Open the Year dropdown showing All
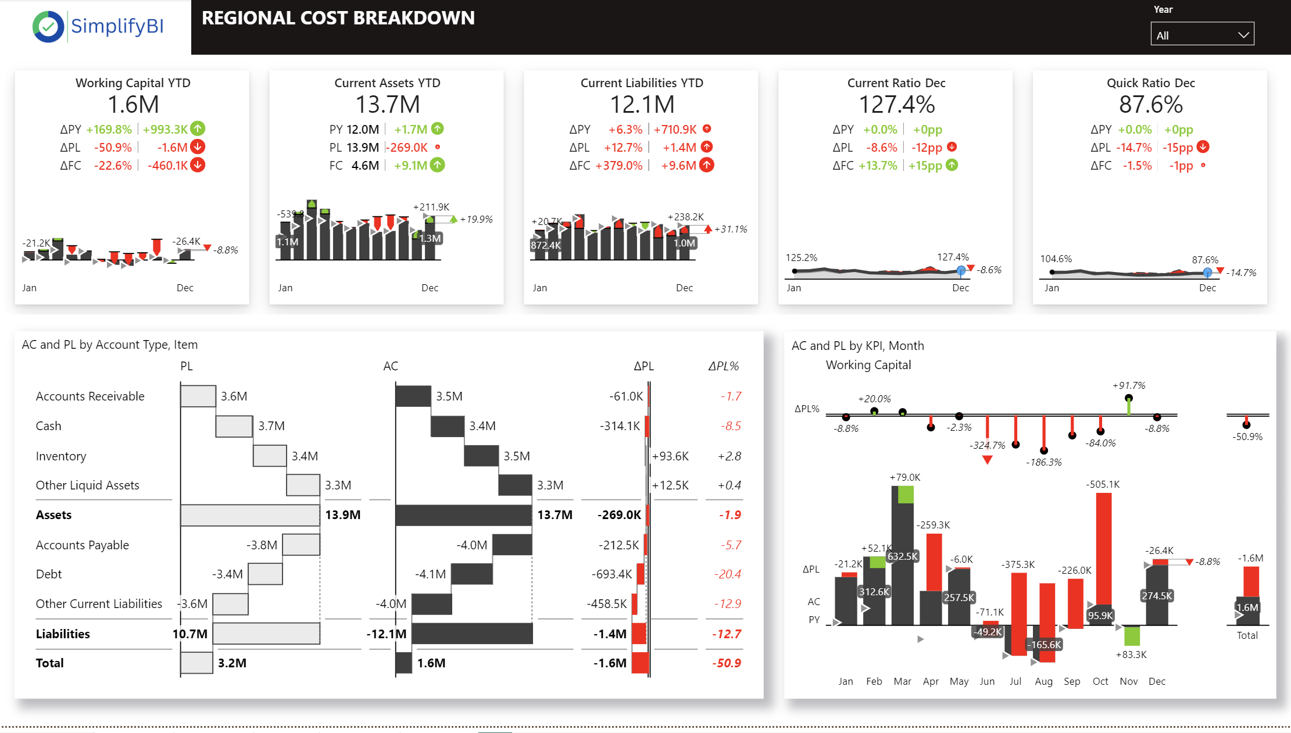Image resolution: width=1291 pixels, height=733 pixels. [1201, 35]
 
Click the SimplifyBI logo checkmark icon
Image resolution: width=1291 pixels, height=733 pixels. [48, 27]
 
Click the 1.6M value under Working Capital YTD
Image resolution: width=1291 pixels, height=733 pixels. [133, 105]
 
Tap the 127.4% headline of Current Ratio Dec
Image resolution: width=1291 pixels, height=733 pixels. [896, 105]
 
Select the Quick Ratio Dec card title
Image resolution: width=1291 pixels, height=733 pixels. [1150, 83]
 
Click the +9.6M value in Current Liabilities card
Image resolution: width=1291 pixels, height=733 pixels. [678, 166]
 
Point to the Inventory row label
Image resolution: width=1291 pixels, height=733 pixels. [61, 456]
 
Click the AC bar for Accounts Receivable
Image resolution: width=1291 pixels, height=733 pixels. [413, 396]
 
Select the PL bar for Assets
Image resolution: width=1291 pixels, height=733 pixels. [250, 515]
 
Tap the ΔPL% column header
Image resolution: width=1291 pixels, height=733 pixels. [723, 366]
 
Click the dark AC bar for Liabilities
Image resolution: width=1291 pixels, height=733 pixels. [472, 634]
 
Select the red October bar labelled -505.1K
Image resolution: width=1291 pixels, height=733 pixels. [1103, 546]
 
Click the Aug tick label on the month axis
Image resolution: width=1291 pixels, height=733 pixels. [1043, 681]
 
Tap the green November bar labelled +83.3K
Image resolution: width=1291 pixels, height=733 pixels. [1131, 635]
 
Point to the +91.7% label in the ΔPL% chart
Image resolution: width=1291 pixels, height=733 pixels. [1129, 385]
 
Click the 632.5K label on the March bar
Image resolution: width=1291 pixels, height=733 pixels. [902, 556]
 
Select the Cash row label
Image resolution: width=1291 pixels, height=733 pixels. [49, 426]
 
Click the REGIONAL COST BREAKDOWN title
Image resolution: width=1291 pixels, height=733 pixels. [338, 19]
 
